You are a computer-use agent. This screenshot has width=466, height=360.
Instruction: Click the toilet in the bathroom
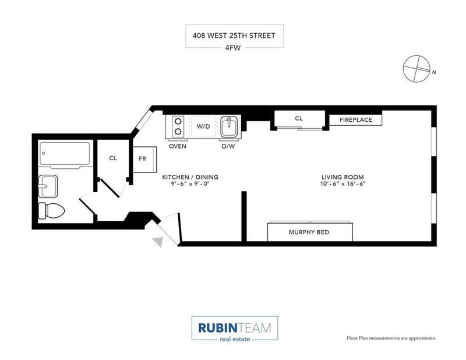pos(51,211)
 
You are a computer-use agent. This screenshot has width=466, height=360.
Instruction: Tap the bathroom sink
pos(48,186)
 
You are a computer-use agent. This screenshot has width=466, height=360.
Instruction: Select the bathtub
pos(65,155)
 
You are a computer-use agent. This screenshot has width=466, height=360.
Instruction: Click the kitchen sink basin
pos(229,126)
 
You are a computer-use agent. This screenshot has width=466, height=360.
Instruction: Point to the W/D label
pos(203,126)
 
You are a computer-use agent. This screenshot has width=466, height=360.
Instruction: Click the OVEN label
pos(178,146)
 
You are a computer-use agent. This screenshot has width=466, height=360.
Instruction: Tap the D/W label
pos(228,146)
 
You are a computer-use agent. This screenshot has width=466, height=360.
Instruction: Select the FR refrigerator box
pos(144,160)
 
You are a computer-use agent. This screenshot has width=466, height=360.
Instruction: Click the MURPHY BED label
pos(309,232)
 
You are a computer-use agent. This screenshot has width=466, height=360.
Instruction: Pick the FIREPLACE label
pos(356,120)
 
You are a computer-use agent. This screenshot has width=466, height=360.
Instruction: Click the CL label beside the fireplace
pos(299,118)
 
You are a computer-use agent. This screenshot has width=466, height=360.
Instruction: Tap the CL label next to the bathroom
pos(113,158)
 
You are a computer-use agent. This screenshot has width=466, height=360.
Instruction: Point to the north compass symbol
pos(416,69)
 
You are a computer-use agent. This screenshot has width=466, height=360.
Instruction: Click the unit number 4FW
pos(233,48)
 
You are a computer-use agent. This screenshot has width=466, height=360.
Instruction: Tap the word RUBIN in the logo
pos(217,328)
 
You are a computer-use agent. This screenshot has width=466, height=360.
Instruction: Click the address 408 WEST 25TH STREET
pos(234,36)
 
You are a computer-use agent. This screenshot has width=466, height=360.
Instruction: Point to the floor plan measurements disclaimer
pos(391,338)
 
